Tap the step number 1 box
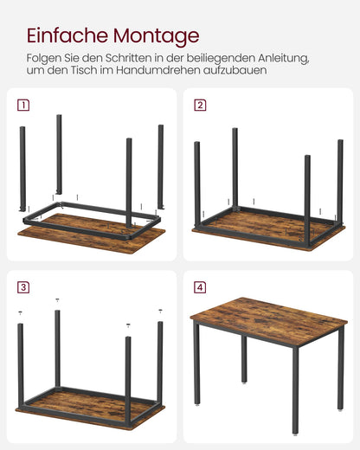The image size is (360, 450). tap(23, 106)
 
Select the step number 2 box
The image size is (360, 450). tap(200, 106)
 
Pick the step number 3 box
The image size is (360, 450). tap(23, 286)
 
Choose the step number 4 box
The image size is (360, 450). tap(200, 286)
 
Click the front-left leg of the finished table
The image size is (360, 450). tap(197, 363)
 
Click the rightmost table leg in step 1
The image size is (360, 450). tap(160, 164)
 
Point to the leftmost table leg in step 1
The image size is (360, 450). tap(23, 169)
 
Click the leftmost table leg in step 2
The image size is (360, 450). tap(197, 186)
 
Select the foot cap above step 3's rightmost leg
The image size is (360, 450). tap(160, 310)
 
